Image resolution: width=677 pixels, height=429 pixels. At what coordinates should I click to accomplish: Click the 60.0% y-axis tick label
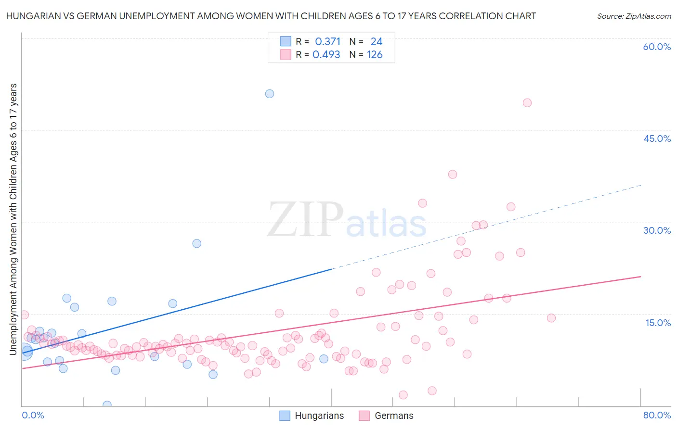[x=657, y=47]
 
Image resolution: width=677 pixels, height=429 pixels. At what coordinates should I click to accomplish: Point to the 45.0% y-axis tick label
[x=657, y=139]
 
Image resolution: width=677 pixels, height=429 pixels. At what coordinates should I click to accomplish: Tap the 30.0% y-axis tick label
[x=657, y=230]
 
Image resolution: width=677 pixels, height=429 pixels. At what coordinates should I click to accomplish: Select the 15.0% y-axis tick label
[x=658, y=322]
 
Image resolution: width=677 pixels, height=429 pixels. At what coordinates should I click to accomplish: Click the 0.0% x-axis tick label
[x=33, y=415]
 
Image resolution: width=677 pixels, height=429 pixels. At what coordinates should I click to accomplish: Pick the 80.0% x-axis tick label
[x=657, y=415]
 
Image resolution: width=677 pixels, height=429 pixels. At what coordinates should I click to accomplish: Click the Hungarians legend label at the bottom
[x=319, y=416]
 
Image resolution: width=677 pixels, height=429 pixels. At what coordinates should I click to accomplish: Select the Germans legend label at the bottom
[x=394, y=416]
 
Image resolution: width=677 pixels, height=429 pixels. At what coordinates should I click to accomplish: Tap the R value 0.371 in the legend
[x=327, y=42]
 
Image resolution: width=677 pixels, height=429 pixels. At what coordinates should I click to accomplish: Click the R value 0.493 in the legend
[x=326, y=55]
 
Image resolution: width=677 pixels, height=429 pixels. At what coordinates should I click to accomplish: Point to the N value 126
[x=375, y=55]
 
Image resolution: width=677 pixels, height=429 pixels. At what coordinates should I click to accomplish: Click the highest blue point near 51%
[x=270, y=94]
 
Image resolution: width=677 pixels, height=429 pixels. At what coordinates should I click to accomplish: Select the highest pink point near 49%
[x=527, y=103]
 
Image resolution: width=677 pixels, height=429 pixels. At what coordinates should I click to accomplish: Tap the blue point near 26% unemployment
[x=196, y=243]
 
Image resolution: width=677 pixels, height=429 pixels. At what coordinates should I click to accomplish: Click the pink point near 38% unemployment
[x=452, y=175]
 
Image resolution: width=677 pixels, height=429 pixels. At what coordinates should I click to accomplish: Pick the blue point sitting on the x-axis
[x=107, y=405]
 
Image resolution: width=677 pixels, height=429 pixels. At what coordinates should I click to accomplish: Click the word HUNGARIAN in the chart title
[x=31, y=16]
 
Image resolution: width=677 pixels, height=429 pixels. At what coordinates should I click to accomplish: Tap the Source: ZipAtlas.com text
[x=634, y=16]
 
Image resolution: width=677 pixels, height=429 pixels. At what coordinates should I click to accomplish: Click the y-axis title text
[x=13, y=219]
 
